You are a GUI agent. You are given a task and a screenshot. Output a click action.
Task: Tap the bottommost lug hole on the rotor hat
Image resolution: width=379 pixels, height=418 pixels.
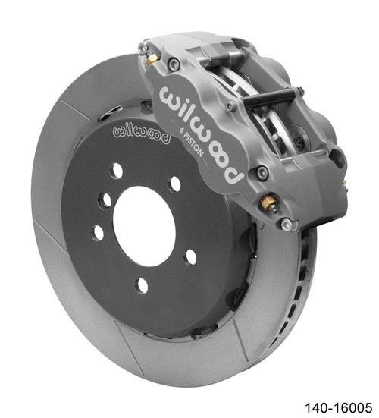(x=142, y=285)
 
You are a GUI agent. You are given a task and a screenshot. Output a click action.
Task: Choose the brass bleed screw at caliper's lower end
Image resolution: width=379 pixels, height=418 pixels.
(x=268, y=203)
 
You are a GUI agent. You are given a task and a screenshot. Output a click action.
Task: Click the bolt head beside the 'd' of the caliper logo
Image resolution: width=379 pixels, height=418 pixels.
(x=261, y=174)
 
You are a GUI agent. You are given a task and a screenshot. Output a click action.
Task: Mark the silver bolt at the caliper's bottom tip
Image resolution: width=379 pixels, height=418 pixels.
(x=287, y=224)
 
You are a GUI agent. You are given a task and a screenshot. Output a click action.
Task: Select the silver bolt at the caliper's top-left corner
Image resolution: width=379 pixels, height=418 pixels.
(x=143, y=47)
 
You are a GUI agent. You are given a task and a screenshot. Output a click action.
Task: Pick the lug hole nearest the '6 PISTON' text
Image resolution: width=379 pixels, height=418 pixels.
(x=176, y=184)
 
